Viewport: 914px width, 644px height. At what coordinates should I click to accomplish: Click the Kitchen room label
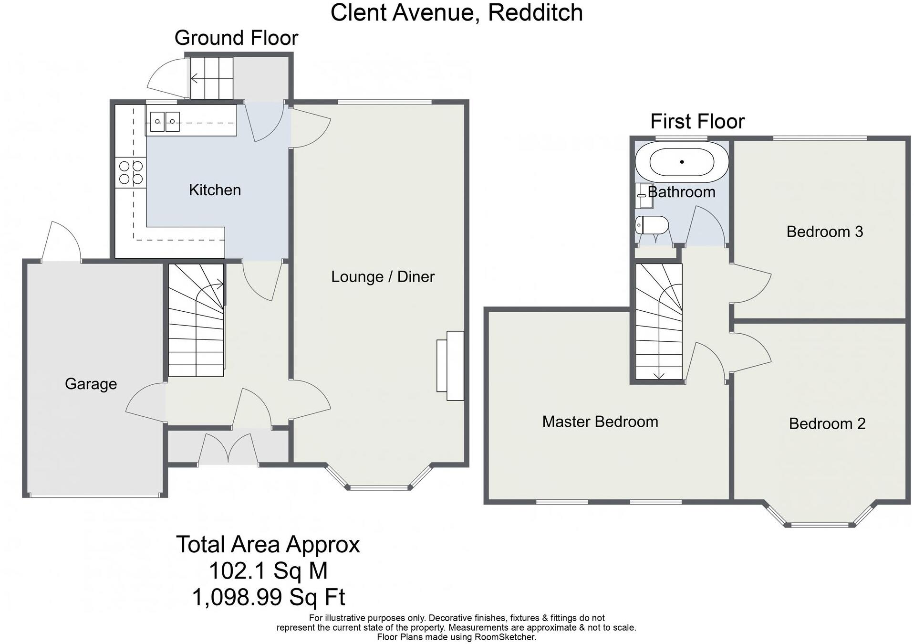[215, 190]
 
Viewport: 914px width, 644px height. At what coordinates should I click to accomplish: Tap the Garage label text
[91, 384]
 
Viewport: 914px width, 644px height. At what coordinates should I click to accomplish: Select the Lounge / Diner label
[383, 277]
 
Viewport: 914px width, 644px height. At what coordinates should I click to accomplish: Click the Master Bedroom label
[600, 422]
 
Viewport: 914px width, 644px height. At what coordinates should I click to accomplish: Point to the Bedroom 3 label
[824, 232]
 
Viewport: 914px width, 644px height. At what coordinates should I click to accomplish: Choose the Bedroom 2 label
[827, 423]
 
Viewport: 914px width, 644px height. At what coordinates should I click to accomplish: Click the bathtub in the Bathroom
[682, 162]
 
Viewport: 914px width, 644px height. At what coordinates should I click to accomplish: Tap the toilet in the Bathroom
[651, 225]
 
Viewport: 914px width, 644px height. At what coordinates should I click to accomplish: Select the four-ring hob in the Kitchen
[131, 172]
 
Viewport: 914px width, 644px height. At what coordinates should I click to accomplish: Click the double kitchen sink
[165, 122]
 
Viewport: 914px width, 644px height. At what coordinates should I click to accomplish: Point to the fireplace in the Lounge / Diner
[450, 366]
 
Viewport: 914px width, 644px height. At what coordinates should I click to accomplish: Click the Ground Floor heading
[236, 38]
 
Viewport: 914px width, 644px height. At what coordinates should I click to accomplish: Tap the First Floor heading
[697, 121]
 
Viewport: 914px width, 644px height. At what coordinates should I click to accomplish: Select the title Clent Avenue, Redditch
[457, 12]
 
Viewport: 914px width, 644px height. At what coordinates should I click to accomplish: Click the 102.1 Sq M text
[268, 570]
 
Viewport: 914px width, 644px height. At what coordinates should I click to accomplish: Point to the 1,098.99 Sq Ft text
[268, 597]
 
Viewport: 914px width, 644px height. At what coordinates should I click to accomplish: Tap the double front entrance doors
[228, 449]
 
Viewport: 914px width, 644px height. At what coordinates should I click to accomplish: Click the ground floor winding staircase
[196, 320]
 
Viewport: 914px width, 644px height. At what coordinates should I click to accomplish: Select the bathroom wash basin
[644, 196]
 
